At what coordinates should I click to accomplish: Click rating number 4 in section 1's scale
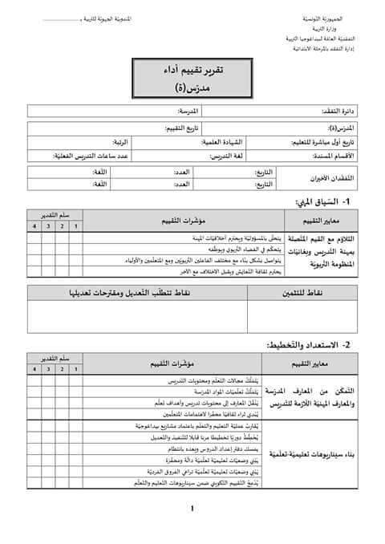(x=34, y=226)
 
